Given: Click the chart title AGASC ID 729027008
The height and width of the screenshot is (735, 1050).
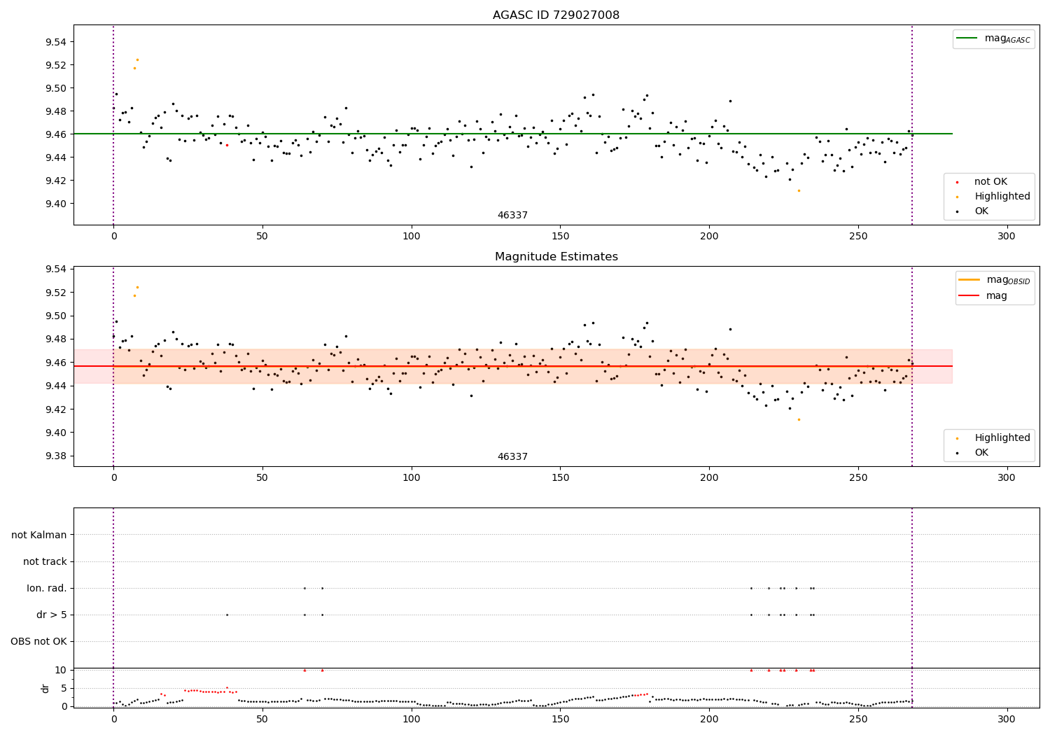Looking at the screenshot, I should point(556,15).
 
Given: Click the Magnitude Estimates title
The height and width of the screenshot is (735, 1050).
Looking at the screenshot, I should point(556,257).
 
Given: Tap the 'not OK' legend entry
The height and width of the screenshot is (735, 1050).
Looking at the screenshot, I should point(990,182).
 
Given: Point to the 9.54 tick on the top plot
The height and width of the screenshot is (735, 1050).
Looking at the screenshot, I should point(56,42).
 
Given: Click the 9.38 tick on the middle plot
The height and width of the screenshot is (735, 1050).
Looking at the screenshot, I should point(56,456).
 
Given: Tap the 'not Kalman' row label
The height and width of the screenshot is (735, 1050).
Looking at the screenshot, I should point(39,535).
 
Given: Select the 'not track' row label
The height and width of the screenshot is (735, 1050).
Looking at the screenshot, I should point(45,561).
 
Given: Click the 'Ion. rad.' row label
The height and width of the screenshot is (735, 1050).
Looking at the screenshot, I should point(47,588).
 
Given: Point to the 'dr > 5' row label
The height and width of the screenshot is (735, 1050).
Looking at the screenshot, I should point(52,615).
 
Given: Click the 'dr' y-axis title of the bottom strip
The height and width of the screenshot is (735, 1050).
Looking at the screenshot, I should point(45,688).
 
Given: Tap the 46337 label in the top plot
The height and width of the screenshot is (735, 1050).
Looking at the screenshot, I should point(512,216).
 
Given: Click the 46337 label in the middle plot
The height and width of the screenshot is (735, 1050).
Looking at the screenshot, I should point(512,457).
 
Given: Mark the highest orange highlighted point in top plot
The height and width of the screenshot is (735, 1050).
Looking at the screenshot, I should point(137,59).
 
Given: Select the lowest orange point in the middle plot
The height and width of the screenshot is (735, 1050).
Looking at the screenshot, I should point(799,419).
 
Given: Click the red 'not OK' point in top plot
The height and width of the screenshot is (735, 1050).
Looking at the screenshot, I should point(227,145).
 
